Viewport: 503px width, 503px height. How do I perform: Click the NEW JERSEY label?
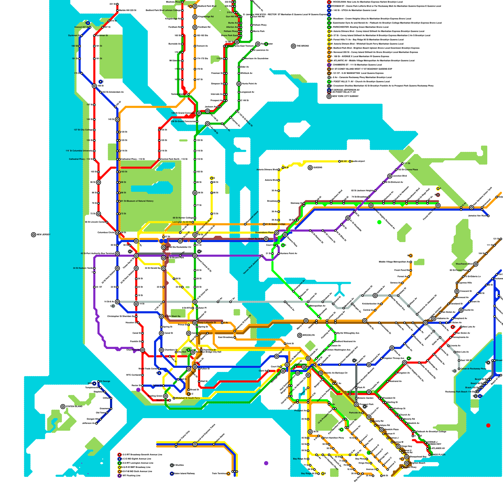click(x=43, y=235)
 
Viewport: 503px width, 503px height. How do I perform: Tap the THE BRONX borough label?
click(x=302, y=46)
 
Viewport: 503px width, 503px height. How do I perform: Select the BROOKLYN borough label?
click(x=308, y=335)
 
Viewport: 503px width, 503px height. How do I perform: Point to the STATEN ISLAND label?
click(x=74, y=406)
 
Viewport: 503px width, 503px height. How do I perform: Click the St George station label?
click(x=105, y=381)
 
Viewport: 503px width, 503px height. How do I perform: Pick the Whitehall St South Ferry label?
click(x=187, y=398)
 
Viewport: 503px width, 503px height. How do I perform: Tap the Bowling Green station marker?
click(x=165, y=396)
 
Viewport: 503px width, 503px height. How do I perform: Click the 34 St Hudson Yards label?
click(x=83, y=268)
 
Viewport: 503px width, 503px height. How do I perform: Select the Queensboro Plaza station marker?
click(x=277, y=233)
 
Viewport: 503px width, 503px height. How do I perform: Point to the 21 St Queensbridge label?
click(x=275, y=224)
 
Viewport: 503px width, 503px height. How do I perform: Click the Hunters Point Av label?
click(x=289, y=253)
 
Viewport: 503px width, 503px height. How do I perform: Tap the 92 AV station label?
click(x=344, y=161)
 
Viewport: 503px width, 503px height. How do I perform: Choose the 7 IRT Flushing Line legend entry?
click(x=131, y=476)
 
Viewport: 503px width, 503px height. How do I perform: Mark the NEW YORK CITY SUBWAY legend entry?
click(x=345, y=96)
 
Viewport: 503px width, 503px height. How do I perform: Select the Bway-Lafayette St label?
click(x=207, y=323)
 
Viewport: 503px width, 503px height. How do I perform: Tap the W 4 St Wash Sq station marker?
click(x=161, y=316)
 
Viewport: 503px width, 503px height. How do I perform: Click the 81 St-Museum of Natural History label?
click(x=137, y=201)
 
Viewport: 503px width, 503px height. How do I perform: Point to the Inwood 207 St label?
click(x=82, y=27)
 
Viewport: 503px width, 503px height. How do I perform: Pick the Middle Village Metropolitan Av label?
click(x=394, y=262)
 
